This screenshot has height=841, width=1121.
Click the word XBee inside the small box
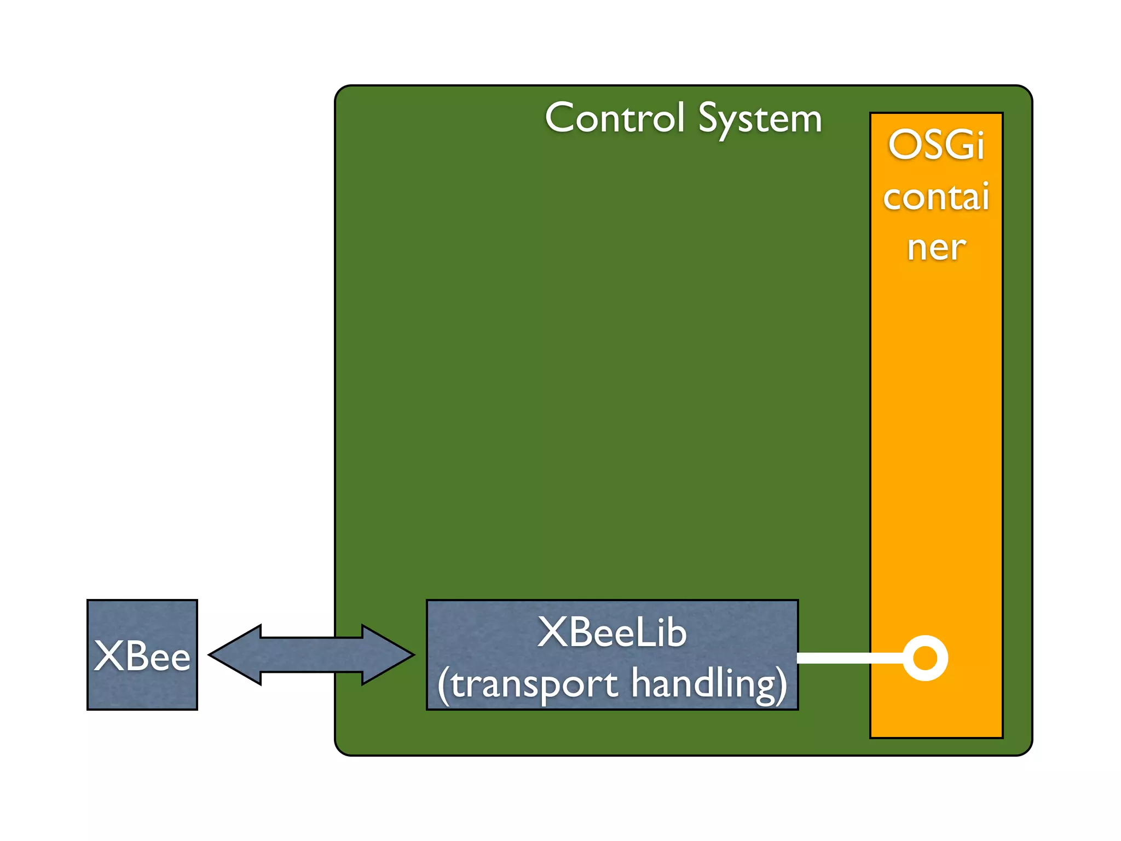tap(142, 656)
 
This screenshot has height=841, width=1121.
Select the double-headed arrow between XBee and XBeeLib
tap(311, 655)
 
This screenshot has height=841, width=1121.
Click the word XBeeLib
tap(611, 633)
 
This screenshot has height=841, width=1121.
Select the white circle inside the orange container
tap(925, 658)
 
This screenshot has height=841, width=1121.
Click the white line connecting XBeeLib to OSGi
tap(848, 658)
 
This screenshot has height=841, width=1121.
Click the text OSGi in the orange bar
tap(936, 146)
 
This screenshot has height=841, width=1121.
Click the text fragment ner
tap(936, 248)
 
